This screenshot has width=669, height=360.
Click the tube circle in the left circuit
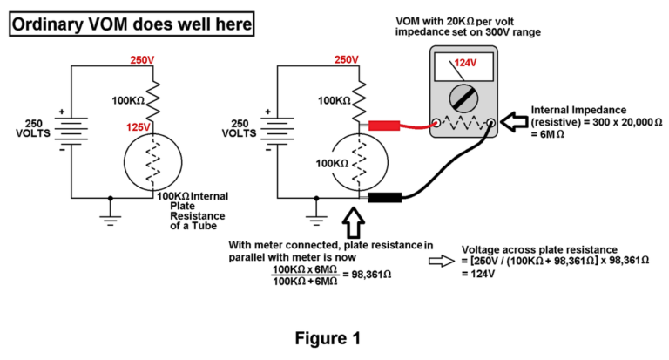152,162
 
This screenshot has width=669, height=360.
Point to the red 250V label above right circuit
346,60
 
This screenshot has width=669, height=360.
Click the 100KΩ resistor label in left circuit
128,100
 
